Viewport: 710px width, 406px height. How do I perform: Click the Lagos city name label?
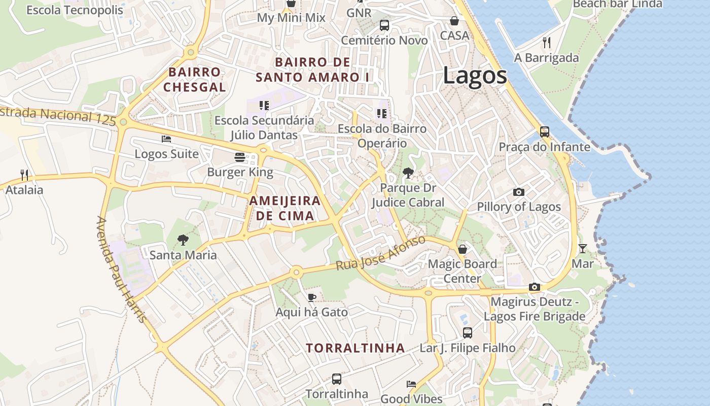click(475, 76)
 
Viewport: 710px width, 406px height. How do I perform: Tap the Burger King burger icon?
click(240, 157)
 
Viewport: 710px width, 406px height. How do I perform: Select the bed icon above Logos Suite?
click(166, 139)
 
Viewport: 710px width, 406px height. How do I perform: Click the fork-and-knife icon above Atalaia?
click(24, 175)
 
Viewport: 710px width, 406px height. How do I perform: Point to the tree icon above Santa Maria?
click(183, 240)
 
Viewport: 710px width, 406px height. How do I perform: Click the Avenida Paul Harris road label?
click(121, 269)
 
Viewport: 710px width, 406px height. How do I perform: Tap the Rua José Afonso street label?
click(380, 253)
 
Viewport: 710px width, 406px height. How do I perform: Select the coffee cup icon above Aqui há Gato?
click(311, 297)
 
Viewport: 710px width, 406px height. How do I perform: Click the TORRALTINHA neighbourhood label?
click(356, 348)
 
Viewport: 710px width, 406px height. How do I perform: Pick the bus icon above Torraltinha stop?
click(336, 379)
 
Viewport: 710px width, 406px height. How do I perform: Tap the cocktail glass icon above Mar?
click(582, 249)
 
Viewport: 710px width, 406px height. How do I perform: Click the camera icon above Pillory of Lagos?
click(518, 192)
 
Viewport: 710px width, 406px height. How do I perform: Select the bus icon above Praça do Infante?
click(545, 132)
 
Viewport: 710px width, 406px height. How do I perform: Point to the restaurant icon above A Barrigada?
click(546, 42)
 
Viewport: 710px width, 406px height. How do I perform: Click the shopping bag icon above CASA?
click(454, 21)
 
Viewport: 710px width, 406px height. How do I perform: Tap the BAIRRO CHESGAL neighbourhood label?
click(195, 79)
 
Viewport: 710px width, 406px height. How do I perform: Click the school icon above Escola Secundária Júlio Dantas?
click(264, 105)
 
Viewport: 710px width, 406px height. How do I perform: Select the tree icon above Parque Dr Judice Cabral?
click(407, 173)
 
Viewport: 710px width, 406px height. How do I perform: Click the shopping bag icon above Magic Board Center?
click(463, 249)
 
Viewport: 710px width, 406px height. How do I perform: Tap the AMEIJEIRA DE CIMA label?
click(285, 208)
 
